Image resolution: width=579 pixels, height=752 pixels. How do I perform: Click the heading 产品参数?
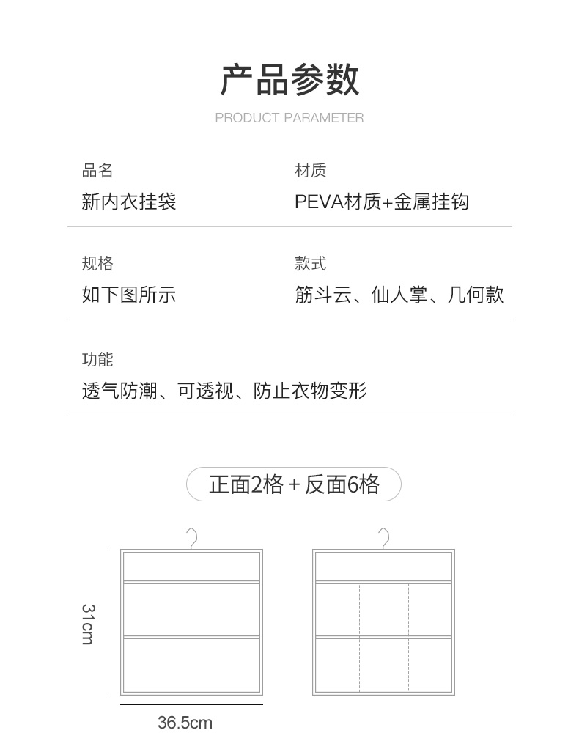pos(289,80)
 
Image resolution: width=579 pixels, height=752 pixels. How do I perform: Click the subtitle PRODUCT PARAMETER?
pos(289,117)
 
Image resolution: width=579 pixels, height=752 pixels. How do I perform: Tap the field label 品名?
pos(97,171)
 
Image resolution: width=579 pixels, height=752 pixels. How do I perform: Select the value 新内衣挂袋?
pos(129,202)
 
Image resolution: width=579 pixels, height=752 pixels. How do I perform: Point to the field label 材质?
pos(310,171)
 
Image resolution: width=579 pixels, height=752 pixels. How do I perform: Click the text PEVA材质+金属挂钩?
pos(381,202)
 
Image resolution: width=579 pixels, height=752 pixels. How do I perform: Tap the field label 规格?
pos(97,264)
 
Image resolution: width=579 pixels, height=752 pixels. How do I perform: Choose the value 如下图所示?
pos(129,295)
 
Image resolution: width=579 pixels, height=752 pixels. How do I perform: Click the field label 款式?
pos(310,264)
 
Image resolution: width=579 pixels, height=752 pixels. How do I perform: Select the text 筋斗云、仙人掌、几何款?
pos(399,295)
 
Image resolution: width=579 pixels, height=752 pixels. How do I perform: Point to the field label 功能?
pos(97,359)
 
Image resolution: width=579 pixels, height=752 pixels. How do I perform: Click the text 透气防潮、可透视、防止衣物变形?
pos(224,391)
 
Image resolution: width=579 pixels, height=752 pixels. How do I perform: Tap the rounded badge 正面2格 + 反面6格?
pos(294,484)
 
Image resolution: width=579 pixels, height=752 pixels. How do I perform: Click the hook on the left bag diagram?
pos(193,538)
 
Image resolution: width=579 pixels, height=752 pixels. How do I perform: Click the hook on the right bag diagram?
pos(384,538)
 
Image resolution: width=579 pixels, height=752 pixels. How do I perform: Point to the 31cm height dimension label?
pos(87,624)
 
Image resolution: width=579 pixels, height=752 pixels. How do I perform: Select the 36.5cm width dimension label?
pos(185,723)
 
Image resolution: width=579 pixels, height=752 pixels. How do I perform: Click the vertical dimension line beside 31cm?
pos(106,623)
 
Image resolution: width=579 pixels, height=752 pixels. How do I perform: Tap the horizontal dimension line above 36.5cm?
pos(191,705)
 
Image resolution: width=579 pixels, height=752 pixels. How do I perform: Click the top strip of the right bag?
pos(383,566)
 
